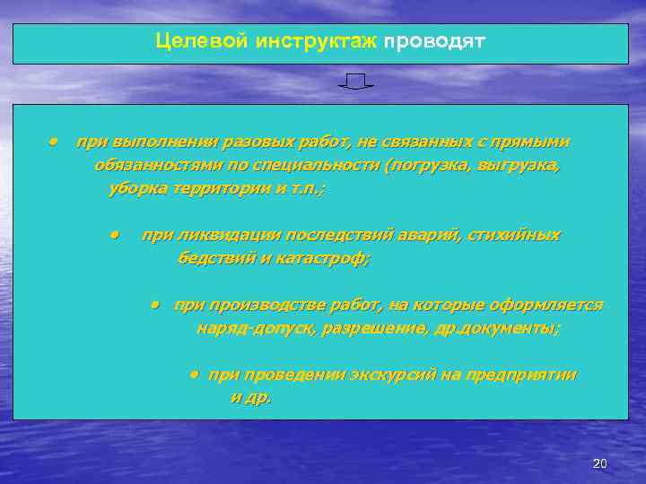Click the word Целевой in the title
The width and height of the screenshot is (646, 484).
pos(190,41)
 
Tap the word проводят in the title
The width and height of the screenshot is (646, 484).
pos(434,41)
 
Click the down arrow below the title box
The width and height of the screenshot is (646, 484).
pos(356,82)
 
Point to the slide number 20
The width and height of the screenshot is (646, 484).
pos(600,463)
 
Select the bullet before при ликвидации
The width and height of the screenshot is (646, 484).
pos(115,235)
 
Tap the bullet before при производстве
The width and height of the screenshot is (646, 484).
pos(154,305)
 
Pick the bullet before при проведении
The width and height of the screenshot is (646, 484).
pos(193,375)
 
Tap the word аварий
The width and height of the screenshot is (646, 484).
pos(429,235)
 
